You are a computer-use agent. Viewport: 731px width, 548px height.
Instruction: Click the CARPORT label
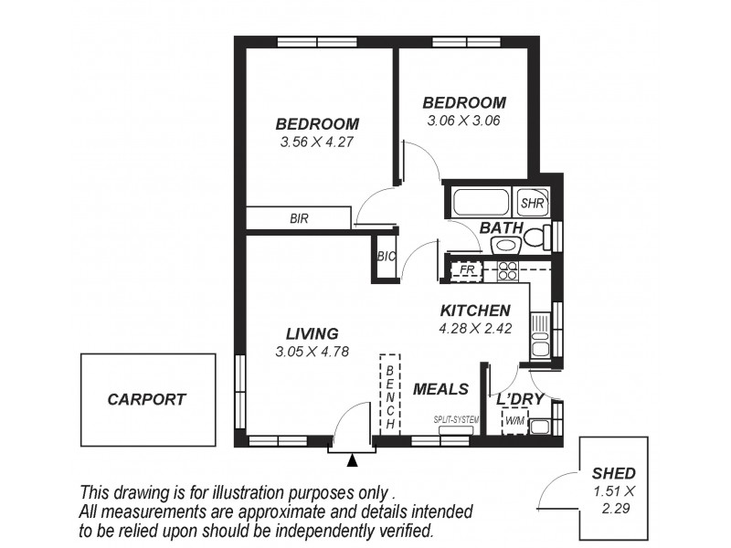(146, 399)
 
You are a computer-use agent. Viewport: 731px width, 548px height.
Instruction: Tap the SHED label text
(613, 473)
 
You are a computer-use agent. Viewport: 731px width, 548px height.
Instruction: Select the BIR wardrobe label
(299, 218)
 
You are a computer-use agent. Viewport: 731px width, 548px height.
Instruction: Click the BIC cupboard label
(386, 257)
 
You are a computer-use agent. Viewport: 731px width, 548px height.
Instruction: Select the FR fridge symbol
(467, 270)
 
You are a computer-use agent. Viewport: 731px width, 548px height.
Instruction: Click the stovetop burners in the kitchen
(507, 270)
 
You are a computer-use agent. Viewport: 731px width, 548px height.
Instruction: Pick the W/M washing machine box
(514, 421)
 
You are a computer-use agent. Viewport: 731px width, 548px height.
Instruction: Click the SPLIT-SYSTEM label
(458, 419)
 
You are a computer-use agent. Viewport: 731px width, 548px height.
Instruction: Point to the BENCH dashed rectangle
(390, 393)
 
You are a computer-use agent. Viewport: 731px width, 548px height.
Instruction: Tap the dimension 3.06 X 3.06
(463, 120)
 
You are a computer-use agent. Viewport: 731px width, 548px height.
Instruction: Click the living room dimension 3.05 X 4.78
(312, 351)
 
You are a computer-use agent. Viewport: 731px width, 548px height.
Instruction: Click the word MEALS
(440, 389)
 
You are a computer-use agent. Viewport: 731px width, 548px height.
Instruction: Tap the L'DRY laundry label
(520, 400)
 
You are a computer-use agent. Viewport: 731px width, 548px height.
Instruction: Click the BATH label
(502, 227)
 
